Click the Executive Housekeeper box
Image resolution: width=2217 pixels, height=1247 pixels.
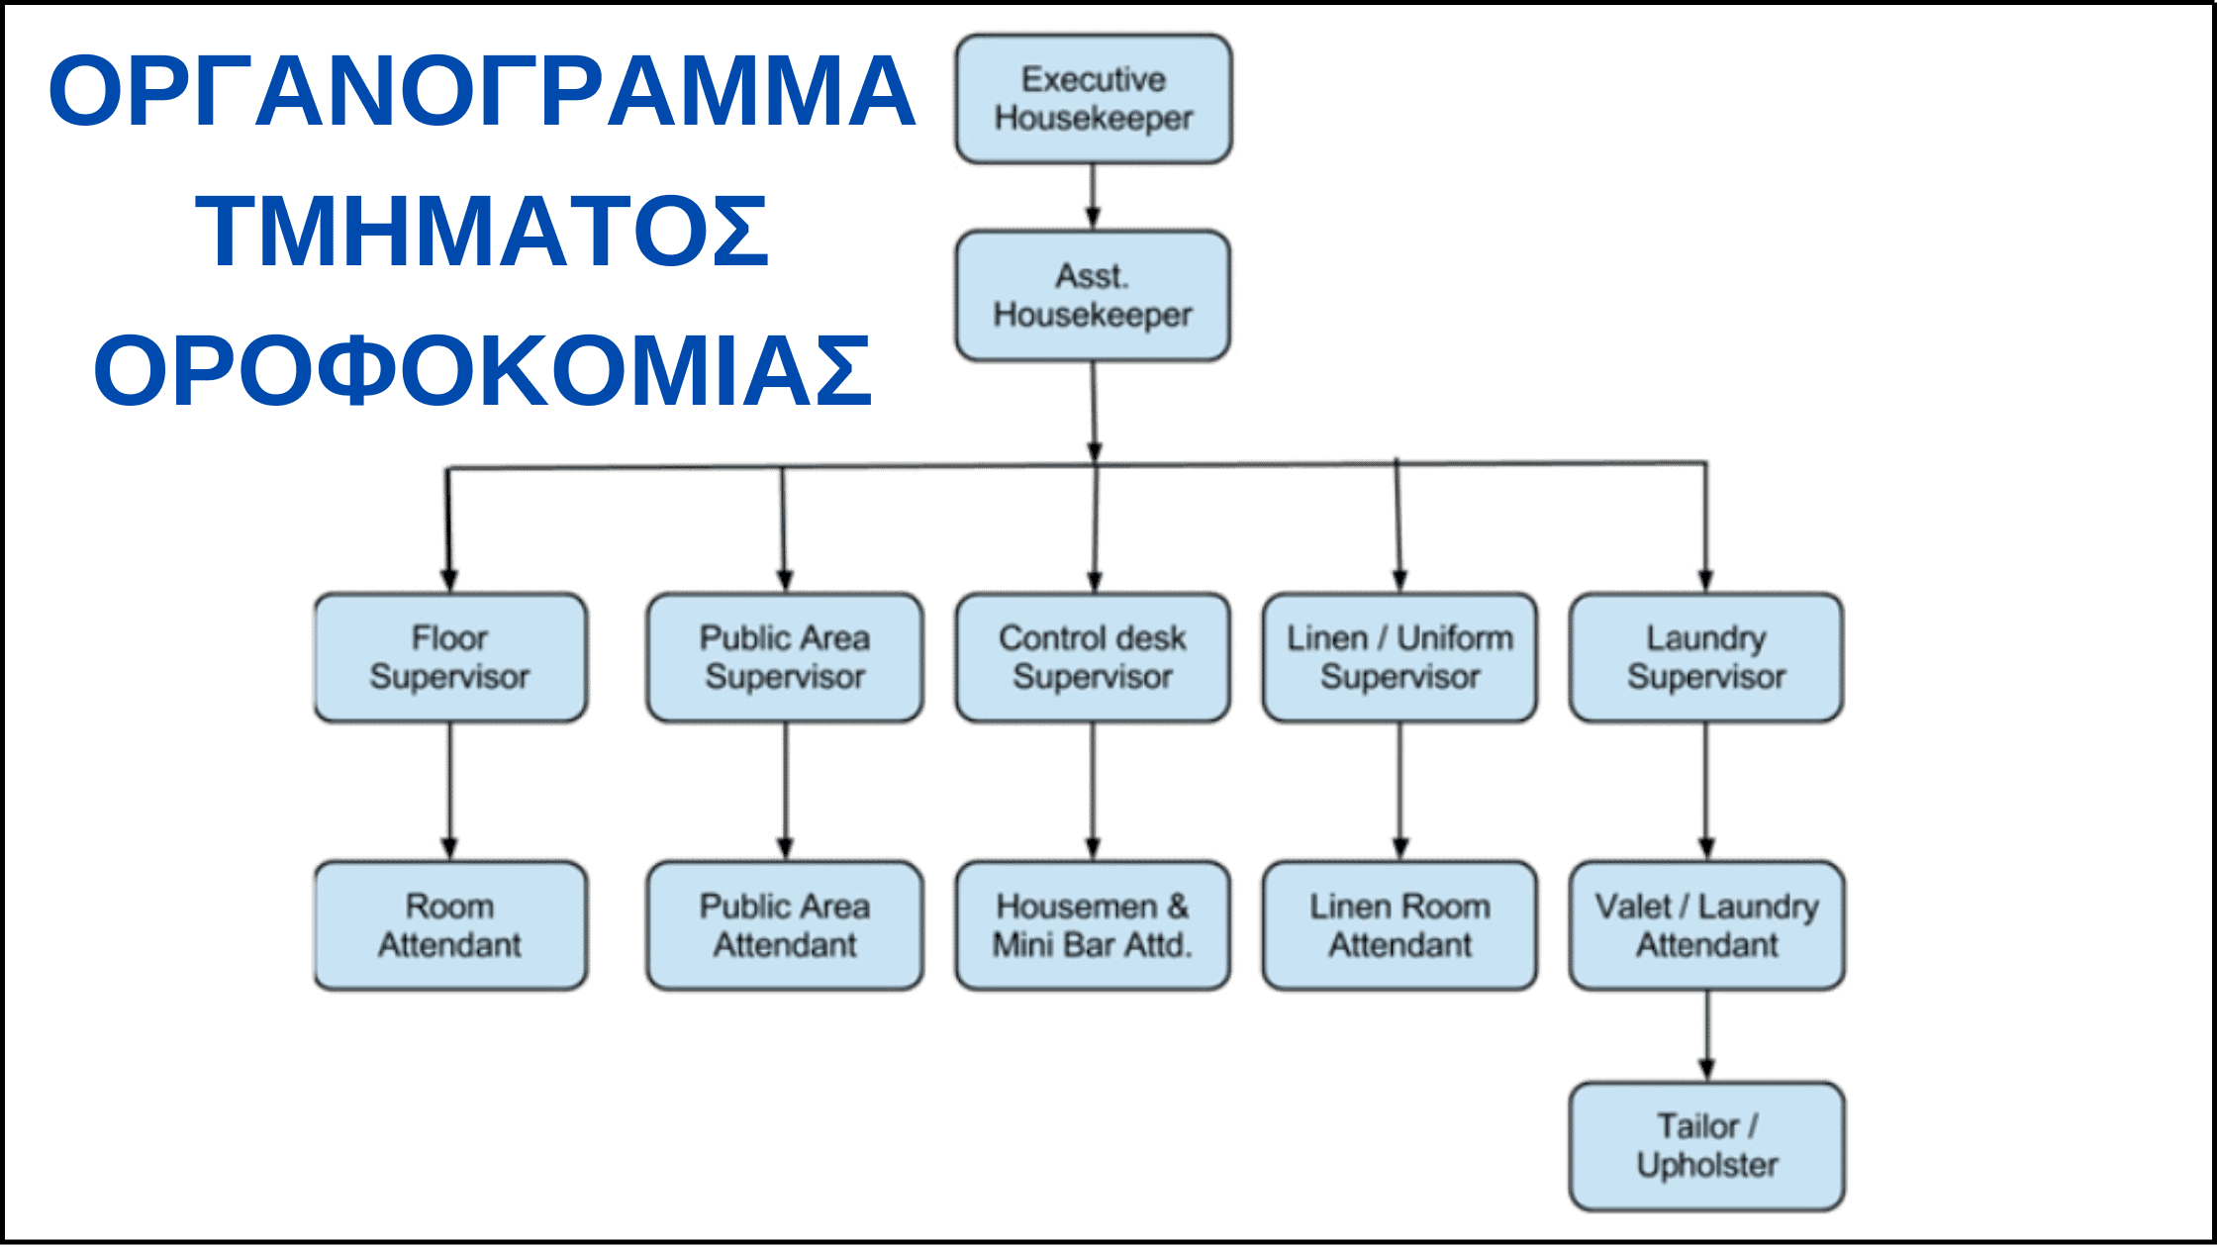[1094, 99]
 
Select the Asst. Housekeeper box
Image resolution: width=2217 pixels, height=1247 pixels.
[1093, 296]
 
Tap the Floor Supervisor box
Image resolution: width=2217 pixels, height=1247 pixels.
[450, 657]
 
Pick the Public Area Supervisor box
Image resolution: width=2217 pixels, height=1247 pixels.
[785, 657]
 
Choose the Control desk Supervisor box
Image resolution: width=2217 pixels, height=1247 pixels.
[1093, 657]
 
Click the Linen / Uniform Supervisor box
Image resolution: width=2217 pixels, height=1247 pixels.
[1399, 657]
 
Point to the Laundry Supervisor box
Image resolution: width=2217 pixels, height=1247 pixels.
[1706, 657]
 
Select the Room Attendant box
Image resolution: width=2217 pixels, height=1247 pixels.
[450, 925]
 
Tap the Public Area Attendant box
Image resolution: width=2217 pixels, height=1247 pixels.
[785, 925]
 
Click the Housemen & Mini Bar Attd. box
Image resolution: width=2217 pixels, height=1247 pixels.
[1093, 925]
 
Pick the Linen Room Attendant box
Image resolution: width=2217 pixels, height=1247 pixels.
[1399, 925]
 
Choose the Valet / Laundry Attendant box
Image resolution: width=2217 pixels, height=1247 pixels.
[1706, 925]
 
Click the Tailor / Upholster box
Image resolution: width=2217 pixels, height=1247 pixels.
[1706, 1146]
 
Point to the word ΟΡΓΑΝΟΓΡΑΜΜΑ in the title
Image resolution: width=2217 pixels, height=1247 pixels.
[482, 91]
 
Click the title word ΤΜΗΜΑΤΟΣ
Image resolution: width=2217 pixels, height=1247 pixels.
[482, 232]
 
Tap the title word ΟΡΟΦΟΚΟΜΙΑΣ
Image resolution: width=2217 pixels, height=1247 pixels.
[482, 371]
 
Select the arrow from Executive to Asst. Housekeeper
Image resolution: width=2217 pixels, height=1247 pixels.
[1093, 197]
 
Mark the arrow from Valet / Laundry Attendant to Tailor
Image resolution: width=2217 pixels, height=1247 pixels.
[1706, 1036]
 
